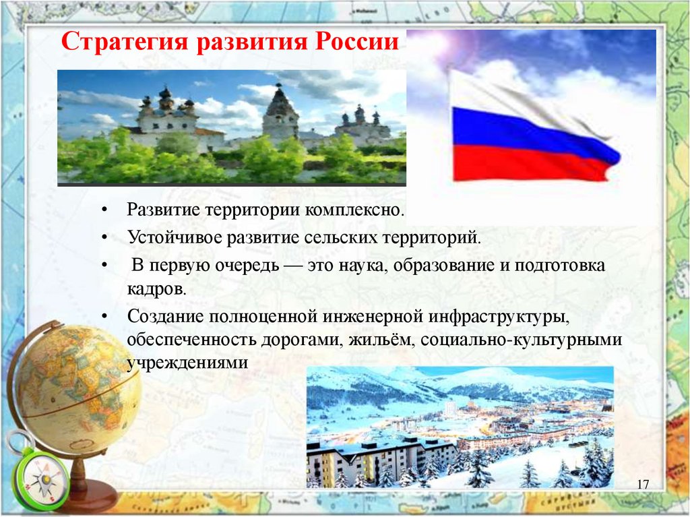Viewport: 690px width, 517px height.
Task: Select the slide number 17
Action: coord(643,485)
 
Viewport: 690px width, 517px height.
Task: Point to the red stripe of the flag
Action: coord(528,164)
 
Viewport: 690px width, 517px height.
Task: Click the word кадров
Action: coord(156,289)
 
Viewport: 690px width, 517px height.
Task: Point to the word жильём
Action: coord(382,340)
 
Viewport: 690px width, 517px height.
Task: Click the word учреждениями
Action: coord(187,363)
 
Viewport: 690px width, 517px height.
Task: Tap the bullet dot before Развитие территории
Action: coord(104,210)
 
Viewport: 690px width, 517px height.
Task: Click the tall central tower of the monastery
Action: coord(281,113)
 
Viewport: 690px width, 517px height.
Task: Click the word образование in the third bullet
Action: coord(447,266)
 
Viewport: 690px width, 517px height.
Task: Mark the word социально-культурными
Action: coord(522,340)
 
